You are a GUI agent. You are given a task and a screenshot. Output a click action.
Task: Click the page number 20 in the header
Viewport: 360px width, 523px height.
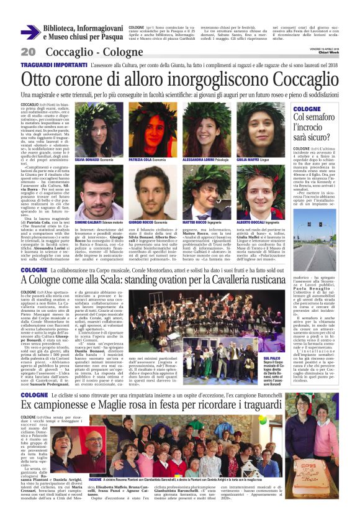point(27,52)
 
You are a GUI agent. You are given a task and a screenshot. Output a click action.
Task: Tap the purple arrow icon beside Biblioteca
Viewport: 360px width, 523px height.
point(30,32)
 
